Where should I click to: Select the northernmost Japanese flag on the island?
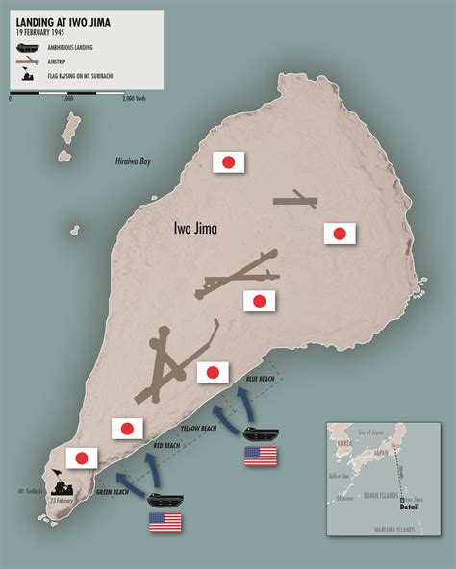coord(229,162)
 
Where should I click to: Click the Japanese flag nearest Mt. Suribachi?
coord(82,458)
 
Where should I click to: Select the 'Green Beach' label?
coord(114,492)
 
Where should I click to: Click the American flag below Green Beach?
coord(165,523)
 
